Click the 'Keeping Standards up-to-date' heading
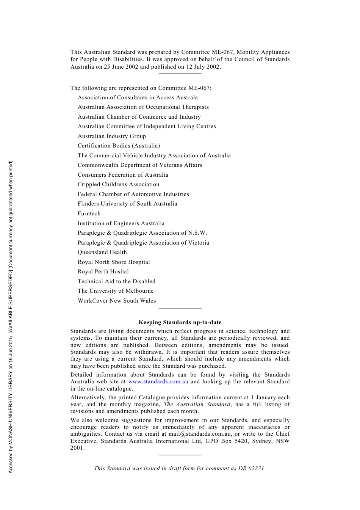[180, 322]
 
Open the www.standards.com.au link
[158, 381]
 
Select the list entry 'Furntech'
[89, 213]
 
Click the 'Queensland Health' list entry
[102, 252]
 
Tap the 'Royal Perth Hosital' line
[103, 271]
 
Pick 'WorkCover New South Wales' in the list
[117, 301]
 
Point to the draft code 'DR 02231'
[251, 468]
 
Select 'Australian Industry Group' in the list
[112, 136]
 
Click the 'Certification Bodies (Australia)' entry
[119, 146]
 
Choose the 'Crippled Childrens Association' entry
[119, 184]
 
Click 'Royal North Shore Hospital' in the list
[114, 262]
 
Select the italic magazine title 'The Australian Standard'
[197, 404]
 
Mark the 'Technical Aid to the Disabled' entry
[116, 281]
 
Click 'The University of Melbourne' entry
[116, 291]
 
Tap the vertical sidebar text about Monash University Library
[11, 317]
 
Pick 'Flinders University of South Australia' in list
[127, 204]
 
